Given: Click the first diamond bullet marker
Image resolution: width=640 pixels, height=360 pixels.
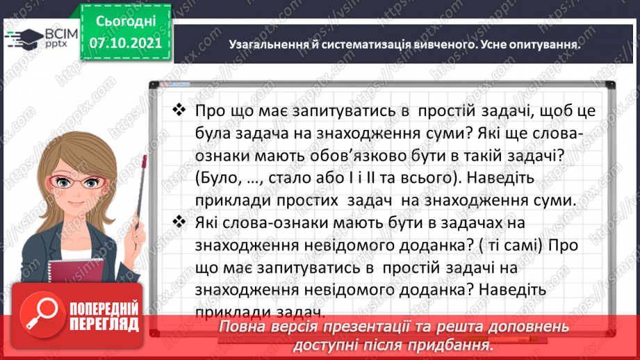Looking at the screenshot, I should tap(179, 111).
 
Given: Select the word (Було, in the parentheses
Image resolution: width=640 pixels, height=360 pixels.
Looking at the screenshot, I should tap(217, 178).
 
